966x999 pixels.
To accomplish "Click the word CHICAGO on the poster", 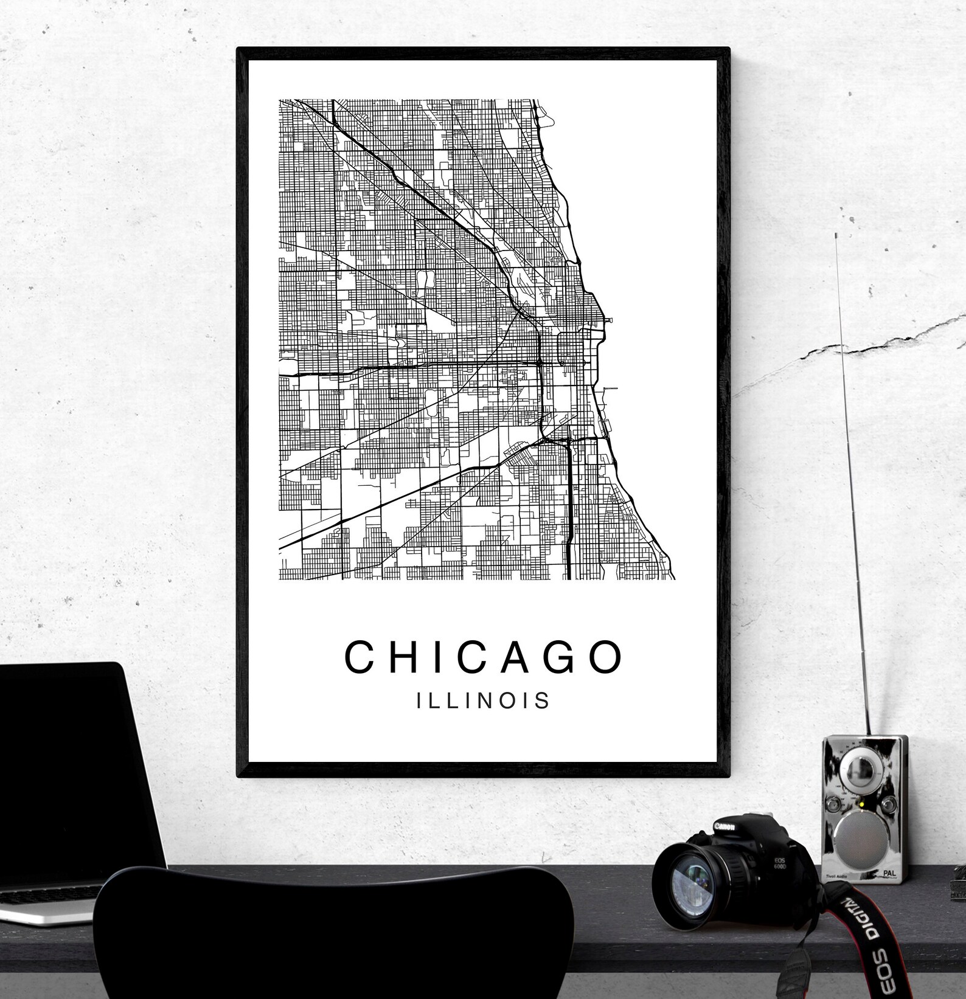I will coord(484,657).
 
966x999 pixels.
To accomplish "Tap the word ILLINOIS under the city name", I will coord(484,700).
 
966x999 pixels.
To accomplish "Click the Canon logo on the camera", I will coord(724,827).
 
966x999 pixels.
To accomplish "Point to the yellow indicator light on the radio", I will coord(859,807).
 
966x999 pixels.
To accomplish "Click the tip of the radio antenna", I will coord(838,233).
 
